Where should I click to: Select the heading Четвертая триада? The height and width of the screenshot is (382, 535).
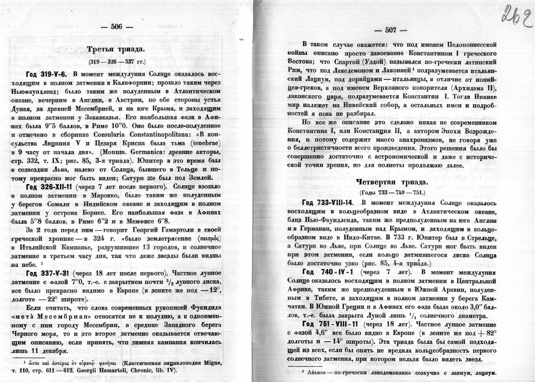[x=391, y=181]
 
